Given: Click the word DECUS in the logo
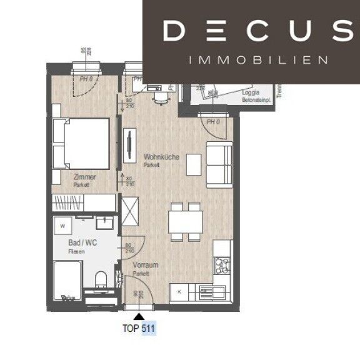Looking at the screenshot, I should (x=257, y=30).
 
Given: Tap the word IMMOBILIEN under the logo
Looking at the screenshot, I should (x=257, y=61).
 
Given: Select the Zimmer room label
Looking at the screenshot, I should (x=84, y=177).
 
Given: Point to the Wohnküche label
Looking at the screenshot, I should (x=161, y=157).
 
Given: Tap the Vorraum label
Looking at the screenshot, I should (x=145, y=265).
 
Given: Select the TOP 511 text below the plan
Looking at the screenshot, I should (x=138, y=327).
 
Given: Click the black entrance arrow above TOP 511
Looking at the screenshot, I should (x=137, y=316).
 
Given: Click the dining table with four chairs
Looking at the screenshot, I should (x=185, y=221).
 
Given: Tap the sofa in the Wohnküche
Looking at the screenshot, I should (x=219, y=164).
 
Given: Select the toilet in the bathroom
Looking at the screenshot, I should (x=101, y=280).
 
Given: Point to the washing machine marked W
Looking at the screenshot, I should (x=64, y=224).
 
